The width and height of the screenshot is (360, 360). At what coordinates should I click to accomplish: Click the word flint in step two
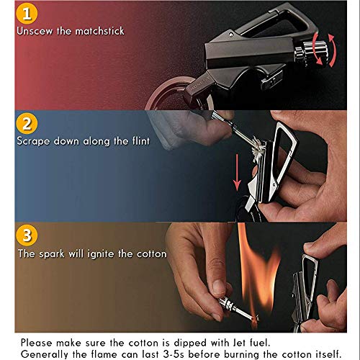pos(137,140)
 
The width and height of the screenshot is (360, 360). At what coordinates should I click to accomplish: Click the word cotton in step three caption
pos(148,253)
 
